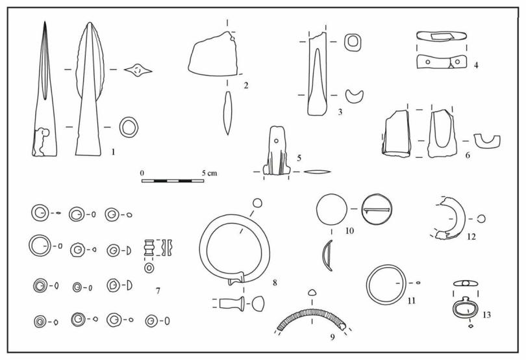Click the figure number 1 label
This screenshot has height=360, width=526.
pos(113,152)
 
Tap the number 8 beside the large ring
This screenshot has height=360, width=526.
pos(275,283)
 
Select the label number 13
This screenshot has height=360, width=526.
pos(487,315)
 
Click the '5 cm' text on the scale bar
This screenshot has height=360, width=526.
pos(209,174)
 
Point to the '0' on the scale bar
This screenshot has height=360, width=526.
pos(142,174)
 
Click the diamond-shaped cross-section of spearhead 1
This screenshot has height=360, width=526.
pos(138,71)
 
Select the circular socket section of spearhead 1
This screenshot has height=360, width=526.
pos(129,127)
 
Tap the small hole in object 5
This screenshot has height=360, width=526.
pos(276,141)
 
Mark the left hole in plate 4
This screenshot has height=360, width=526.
pos(428,62)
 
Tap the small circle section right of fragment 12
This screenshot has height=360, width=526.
pos(481,219)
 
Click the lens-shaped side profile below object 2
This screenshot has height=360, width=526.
pos(228,113)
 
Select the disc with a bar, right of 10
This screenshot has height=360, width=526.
pos(377,209)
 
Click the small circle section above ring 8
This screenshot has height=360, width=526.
pos(257,203)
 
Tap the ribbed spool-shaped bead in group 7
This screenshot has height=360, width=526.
pos(149,248)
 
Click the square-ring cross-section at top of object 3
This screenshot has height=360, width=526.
pos(353,42)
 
